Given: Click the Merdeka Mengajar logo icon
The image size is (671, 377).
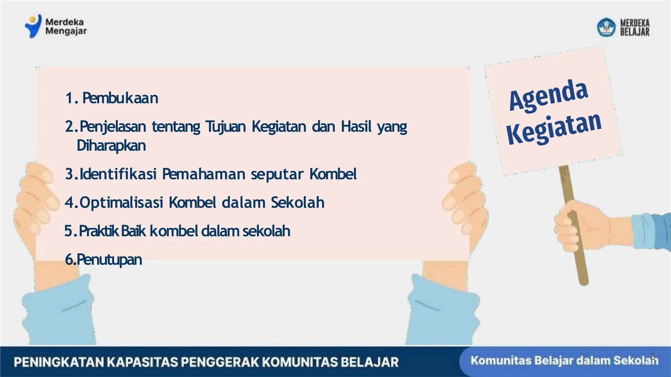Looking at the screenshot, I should coord(33,26).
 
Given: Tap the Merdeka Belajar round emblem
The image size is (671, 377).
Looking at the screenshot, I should coord(606,27).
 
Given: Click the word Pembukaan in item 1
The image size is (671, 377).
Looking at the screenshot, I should coord(120,98).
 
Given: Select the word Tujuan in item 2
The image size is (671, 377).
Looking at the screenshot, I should coord(225,127).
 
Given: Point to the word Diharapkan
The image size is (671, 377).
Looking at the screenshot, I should coord(111,146).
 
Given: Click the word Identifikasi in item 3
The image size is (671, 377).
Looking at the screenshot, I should coord(118,174).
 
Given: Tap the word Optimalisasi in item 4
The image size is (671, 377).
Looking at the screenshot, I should coord(121,203).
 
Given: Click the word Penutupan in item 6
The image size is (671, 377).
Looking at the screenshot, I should coord(109,260).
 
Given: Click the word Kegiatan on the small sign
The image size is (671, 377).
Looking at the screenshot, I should coord(554,129).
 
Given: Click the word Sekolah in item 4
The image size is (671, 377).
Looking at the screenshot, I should coord(297,203).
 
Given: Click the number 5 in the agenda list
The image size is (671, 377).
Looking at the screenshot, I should coord(68,231).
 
